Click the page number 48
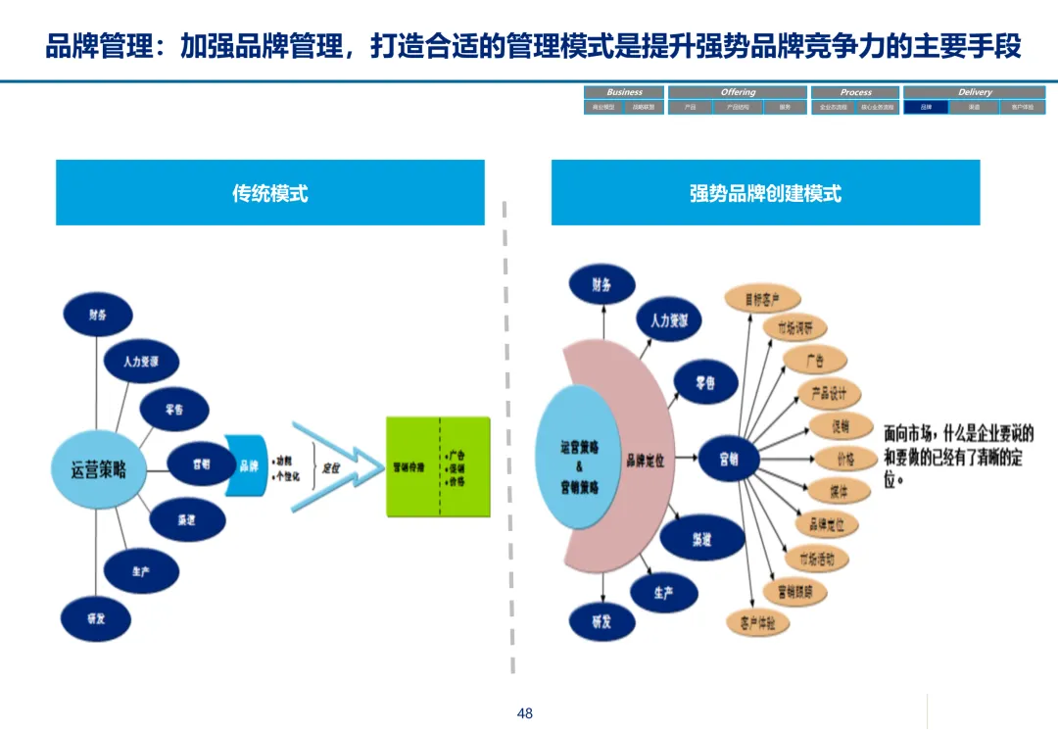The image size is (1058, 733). point(525,713)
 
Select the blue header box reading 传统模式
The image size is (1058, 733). point(270,193)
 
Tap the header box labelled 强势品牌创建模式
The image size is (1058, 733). point(765,193)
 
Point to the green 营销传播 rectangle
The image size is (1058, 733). point(438,467)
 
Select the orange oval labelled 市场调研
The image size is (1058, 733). point(800,327)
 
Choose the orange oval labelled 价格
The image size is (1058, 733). point(845,459)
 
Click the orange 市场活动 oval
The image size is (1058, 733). point(817,559)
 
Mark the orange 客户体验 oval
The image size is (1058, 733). point(757,621)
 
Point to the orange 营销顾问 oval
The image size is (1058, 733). point(794,591)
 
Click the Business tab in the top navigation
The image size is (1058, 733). point(624,92)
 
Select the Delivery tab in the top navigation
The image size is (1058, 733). point(974,92)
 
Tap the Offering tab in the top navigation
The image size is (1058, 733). point(738,92)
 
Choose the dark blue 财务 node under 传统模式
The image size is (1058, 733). point(97,315)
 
